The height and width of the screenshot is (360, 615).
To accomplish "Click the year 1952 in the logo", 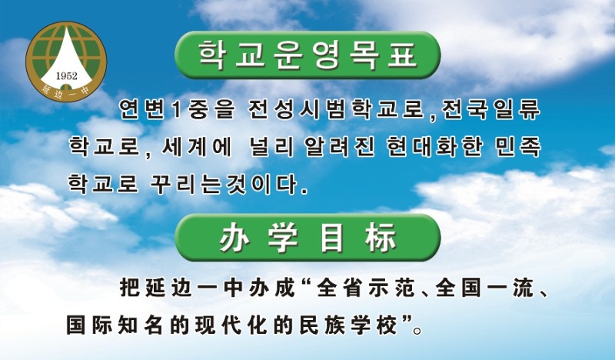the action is pyautogui.click(x=67, y=75).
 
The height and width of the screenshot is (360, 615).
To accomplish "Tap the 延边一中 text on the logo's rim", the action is pyautogui.click(x=66, y=90).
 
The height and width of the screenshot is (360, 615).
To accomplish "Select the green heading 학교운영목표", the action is pyautogui.click(x=307, y=55).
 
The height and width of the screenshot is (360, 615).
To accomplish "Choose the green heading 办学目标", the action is pyautogui.click(x=307, y=238).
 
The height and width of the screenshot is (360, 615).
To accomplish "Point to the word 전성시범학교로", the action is pyautogui.click(x=337, y=109).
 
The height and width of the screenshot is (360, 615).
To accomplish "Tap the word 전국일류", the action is pyautogui.click(x=490, y=109).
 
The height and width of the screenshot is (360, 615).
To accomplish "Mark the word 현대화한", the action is pyautogui.click(x=434, y=147).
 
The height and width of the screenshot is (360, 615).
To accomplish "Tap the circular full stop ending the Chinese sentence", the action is pyautogui.click(x=417, y=331).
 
